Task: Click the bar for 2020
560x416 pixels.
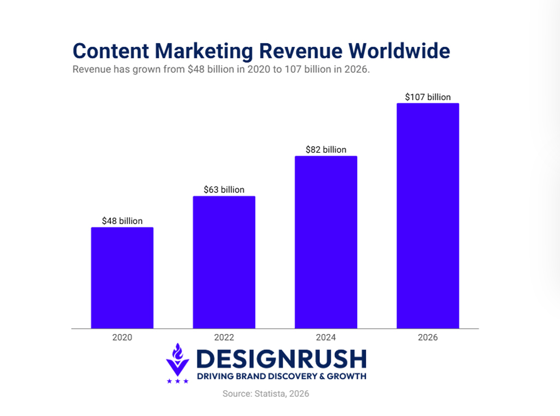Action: pyautogui.click(x=122, y=278)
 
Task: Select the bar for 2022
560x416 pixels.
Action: pyautogui.click(x=224, y=262)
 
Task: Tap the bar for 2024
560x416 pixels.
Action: pyautogui.click(x=326, y=242)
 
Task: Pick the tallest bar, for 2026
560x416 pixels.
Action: pyautogui.click(x=428, y=216)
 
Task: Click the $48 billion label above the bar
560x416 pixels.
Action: pyautogui.click(x=122, y=221)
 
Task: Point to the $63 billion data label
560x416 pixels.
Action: pyautogui.click(x=224, y=190)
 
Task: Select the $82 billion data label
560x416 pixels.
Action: pyautogui.click(x=326, y=149)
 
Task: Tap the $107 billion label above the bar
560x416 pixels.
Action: pyautogui.click(x=428, y=97)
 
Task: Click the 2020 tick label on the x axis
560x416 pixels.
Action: pyautogui.click(x=122, y=337)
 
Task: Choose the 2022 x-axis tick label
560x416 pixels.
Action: pyautogui.click(x=224, y=337)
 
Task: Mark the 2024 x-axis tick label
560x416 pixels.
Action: pyautogui.click(x=326, y=337)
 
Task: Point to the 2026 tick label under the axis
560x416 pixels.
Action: pyautogui.click(x=428, y=337)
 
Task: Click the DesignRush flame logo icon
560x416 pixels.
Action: pyautogui.click(x=178, y=359)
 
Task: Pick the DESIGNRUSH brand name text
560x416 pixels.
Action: pyautogui.click(x=281, y=359)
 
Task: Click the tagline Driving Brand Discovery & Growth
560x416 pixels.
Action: pyautogui.click(x=281, y=376)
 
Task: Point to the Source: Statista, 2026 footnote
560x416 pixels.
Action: pyautogui.click(x=266, y=394)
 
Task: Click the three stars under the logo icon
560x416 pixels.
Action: pyautogui.click(x=178, y=381)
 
